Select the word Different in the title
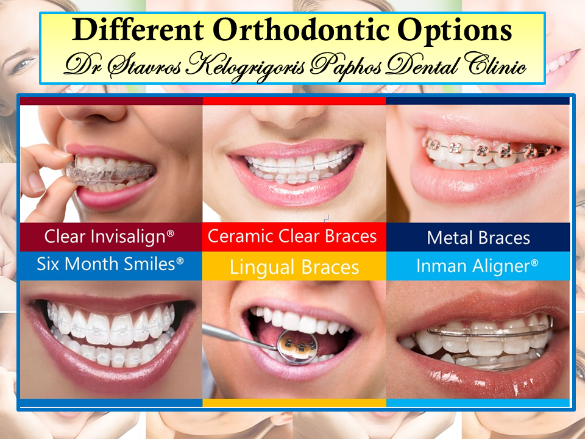138,29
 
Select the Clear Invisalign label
109,237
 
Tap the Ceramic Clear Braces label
292,236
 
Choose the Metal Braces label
478,238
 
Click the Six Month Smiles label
110,264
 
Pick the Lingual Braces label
294,267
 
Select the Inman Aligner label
477,266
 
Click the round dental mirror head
297,347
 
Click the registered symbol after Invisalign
170,234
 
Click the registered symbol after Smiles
180,260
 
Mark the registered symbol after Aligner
534,263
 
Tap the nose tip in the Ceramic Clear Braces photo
287,120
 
